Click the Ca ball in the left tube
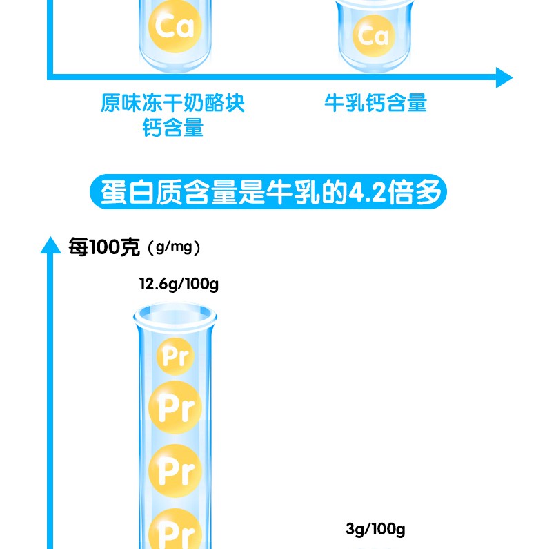[175, 26]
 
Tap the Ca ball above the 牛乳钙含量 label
[374, 35]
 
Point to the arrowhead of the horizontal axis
[504, 77]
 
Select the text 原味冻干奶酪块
[172, 104]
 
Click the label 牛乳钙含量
[376, 104]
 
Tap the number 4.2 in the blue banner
[361, 192]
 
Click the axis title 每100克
[104, 247]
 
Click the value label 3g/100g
[375, 530]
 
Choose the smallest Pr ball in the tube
[175, 356]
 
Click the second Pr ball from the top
[176, 408]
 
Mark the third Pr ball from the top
[176, 470]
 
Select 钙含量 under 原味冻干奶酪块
[173, 128]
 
